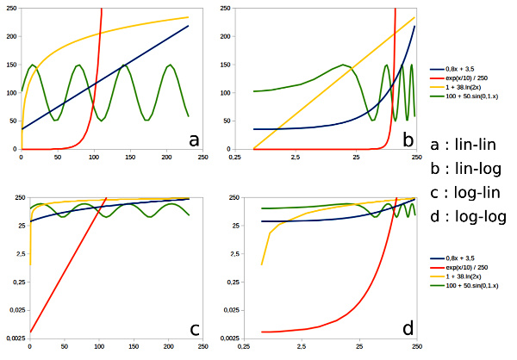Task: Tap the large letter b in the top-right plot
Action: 408,138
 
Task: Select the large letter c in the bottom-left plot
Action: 194,327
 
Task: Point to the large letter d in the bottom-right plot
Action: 408,327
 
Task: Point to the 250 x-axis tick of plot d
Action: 417,347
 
